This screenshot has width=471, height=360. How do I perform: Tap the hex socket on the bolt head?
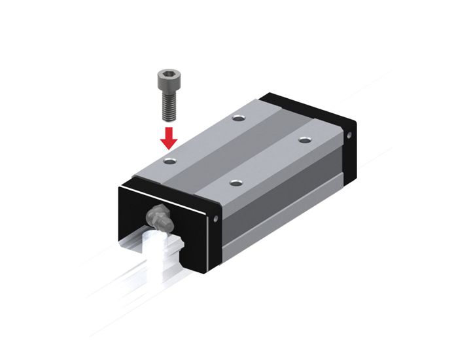pos(167,77)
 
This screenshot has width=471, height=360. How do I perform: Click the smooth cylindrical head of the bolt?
pos(167,84)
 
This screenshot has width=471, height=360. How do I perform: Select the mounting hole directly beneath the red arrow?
pos(170,160)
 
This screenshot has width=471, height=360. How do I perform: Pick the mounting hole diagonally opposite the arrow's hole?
pos(304,139)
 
